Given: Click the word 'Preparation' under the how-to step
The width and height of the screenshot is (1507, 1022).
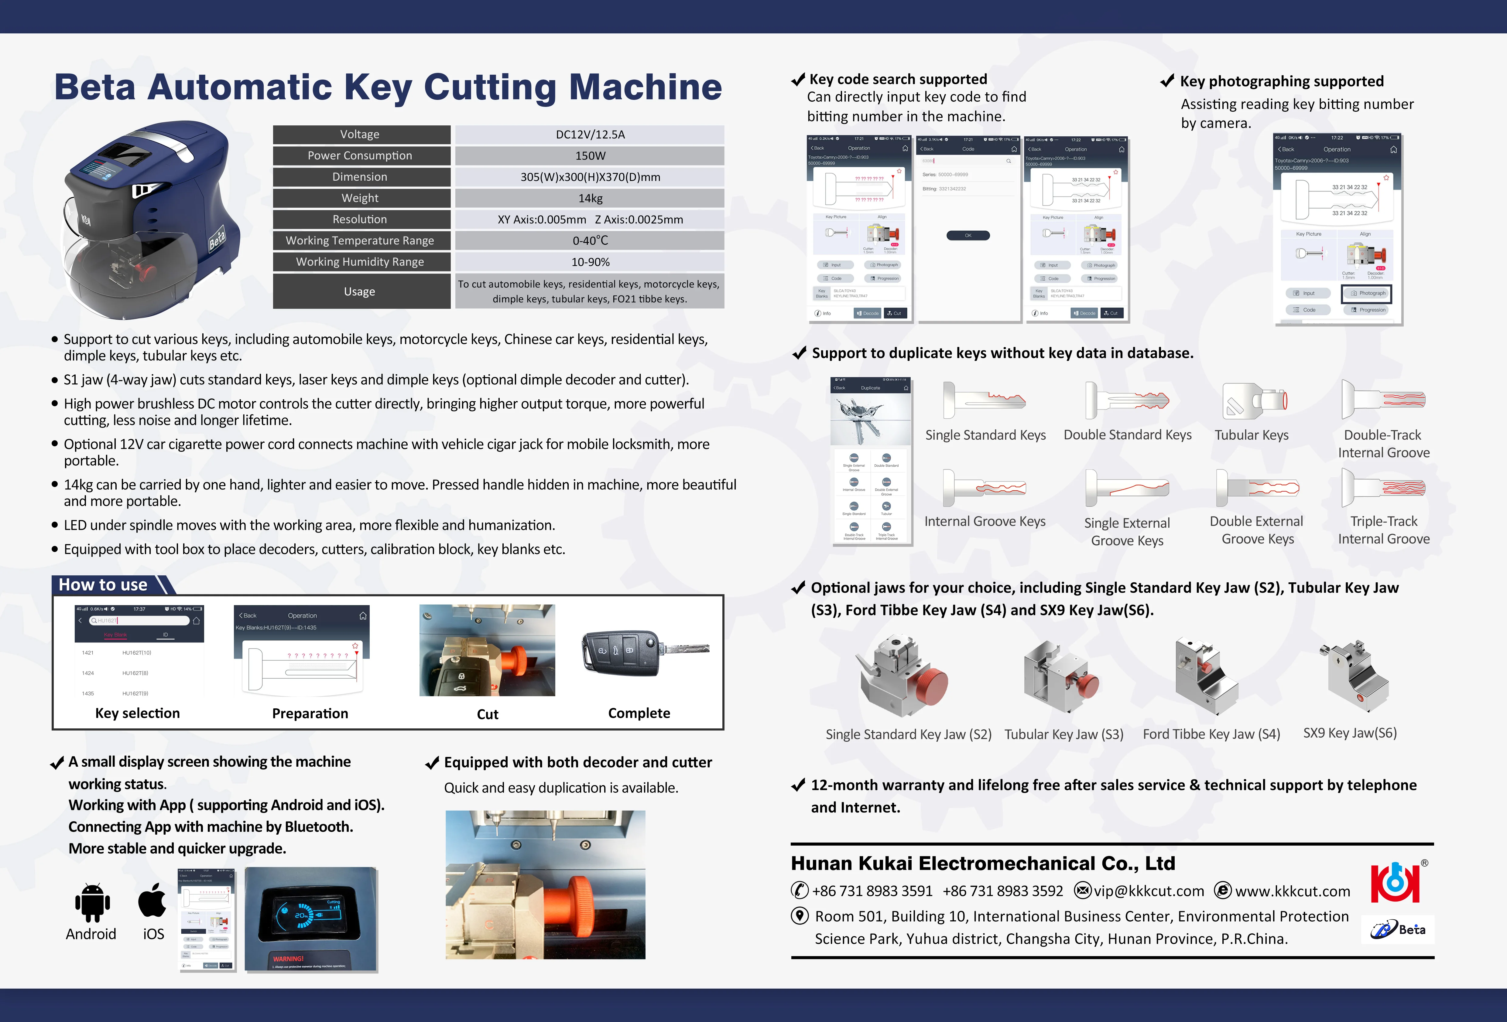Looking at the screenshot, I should (310, 714).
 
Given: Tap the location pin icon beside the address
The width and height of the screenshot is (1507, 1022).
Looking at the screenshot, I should (800, 916).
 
